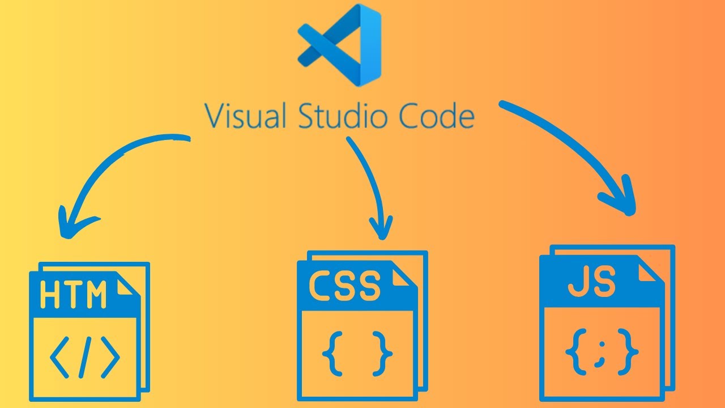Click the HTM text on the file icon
coord(74,295)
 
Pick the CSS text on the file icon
coord(344,286)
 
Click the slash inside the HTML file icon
coord(85,358)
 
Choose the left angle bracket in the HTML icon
coord(60,358)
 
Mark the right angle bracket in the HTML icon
coord(110,358)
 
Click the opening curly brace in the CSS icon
coord(331,354)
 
